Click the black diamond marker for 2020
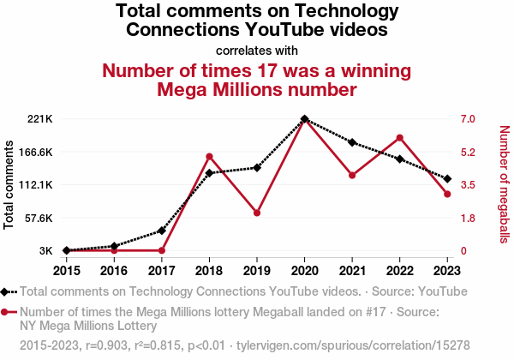point(305,119)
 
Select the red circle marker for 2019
point(257,213)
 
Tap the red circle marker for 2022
point(400,137)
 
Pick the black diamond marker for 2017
point(162,231)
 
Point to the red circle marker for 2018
point(209,156)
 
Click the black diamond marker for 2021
point(352,142)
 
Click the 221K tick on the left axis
point(40,119)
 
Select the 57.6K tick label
point(37,218)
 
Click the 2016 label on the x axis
point(114,270)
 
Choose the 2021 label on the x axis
point(352,270)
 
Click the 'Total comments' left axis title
point(9,185)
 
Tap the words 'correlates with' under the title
point(257,50)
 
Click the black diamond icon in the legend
point(7,291)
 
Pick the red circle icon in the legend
point(7,312)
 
